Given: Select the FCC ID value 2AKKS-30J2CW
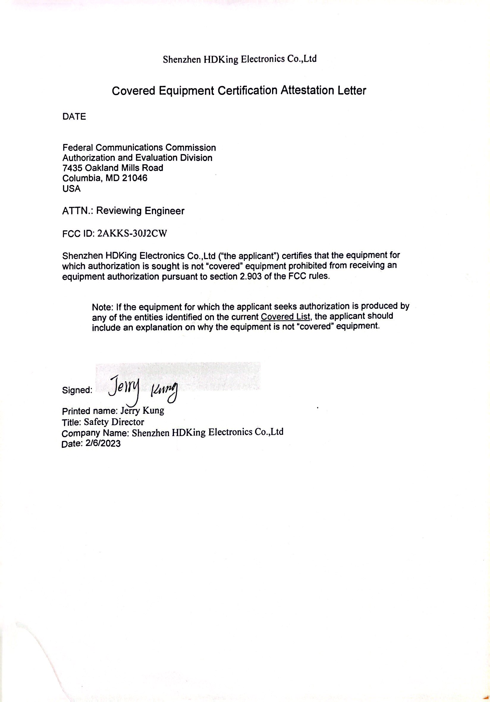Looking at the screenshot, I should click(132, 234).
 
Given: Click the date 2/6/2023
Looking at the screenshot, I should click(103, 444).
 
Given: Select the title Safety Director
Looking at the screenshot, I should click(114, 422).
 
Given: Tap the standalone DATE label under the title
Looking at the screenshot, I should click(74, 116).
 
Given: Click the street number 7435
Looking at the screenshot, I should click(73, 168).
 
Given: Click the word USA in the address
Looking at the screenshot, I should click(71, 189).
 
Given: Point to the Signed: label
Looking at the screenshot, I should click(77, 390).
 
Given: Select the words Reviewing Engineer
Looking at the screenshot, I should click(140, 211).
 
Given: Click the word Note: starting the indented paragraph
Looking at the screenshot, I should click(103, 307).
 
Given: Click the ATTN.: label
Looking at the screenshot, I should click(78, 211).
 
